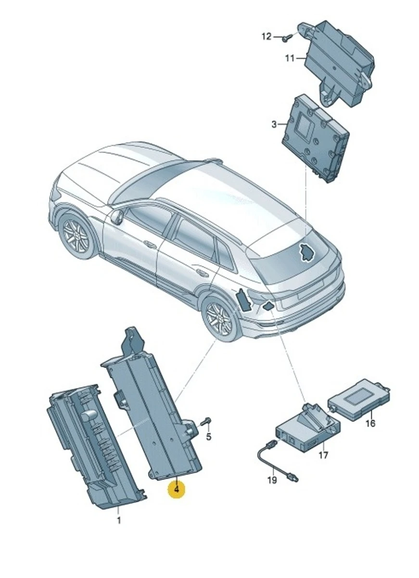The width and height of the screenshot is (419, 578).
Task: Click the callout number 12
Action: pyautogui.click(x=267, y=37)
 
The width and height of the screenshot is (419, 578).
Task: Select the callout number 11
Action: pyautogui.click(x=290, y=58)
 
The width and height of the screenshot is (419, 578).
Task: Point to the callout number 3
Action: pyautogui.click(x=274, y=125)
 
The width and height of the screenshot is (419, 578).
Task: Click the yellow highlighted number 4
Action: pyautogui.click(x=176, y=489)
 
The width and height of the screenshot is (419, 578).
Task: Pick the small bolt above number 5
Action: pyautogui.click(x=206, y=421)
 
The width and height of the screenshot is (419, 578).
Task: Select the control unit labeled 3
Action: pyautogui.click(x=316, y=138)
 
